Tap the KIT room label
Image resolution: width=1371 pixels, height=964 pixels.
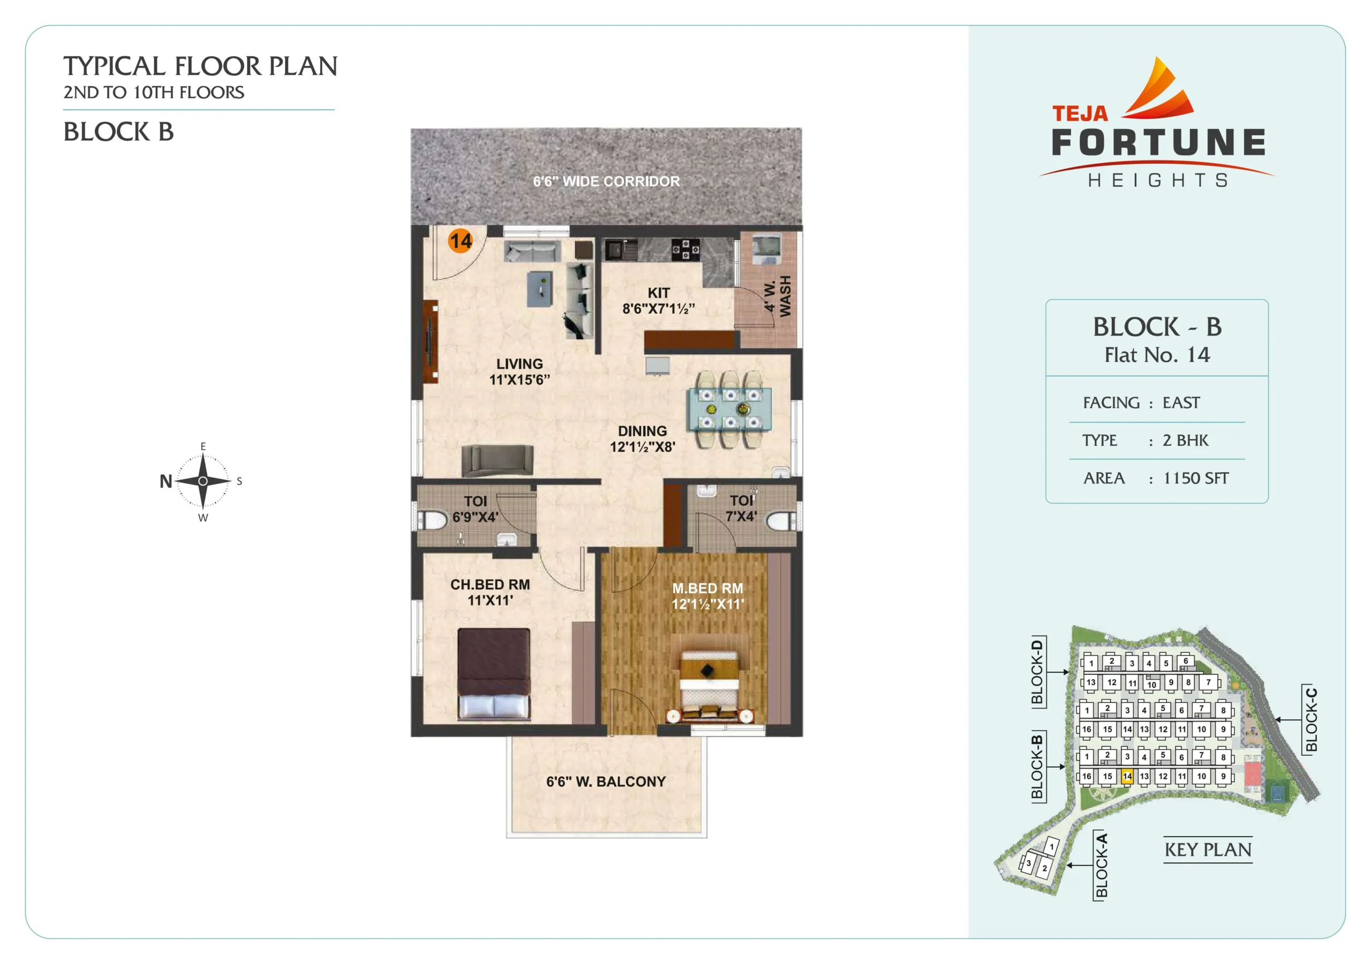(x=659, y=293)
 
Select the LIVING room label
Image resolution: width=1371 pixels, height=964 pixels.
(x=519, y=363)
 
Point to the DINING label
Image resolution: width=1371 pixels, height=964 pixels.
(x=643, y=431)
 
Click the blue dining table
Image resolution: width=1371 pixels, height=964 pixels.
(x=730, y=409)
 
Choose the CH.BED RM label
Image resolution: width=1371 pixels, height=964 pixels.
(x=490, y=585)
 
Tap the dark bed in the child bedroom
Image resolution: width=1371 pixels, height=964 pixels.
(x=494, y=674)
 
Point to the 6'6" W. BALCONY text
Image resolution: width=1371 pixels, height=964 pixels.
(x=606, y=781)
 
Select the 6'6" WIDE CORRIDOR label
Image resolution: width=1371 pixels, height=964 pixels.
(x=606, y=181)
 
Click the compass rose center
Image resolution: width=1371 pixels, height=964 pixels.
(x=203, y=481)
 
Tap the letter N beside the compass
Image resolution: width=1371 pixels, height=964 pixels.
(x=166, y=481)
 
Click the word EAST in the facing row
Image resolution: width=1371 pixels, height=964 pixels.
(x=1180, y=403)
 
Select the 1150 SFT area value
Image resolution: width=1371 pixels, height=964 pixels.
(x=1195, y=478)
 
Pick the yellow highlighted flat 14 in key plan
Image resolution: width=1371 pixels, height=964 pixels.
(x=1127, y=777)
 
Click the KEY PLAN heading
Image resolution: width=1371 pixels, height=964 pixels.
(x=1207, y=849)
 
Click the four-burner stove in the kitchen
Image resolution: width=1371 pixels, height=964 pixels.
(x=685, y=249)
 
